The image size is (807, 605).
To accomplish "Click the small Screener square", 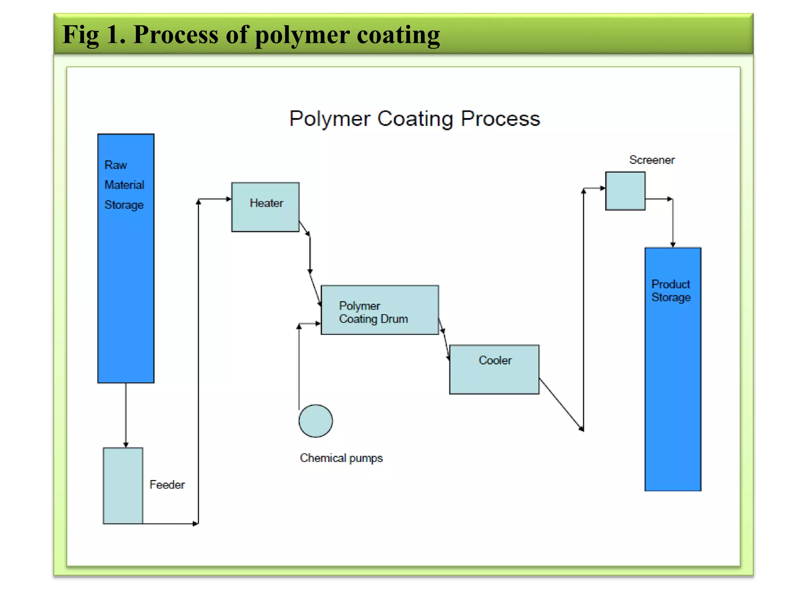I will tap(625, 191).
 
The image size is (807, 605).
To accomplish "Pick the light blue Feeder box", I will tap(123, 486).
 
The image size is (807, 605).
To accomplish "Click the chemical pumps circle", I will tap(315, 421).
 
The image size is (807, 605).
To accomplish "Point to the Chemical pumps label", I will tap(341, 458).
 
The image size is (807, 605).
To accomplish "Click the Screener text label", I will tap(652, 160).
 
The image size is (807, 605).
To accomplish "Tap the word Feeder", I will tap(167, 484).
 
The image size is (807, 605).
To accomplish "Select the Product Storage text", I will tap(671, 291).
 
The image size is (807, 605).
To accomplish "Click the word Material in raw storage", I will tap(124, 185).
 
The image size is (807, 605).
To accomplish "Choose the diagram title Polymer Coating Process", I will tap(415, 119).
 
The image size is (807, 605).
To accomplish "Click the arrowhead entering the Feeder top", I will tap(126, 444).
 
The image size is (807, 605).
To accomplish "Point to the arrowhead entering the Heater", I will tap(229, 199).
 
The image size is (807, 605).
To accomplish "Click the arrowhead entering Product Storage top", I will tap(673, 245).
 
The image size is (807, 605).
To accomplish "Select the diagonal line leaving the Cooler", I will tap(561, 405).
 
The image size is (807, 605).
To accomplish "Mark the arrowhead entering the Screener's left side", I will tap(602, 188).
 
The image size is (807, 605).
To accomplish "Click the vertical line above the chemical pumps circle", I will tap(299, 366).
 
